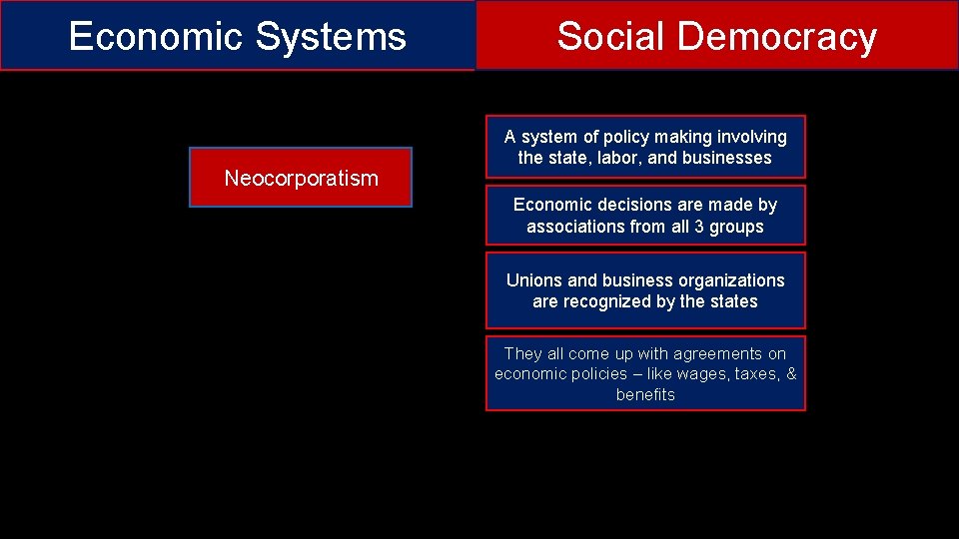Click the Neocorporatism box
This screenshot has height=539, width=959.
click(301, 178)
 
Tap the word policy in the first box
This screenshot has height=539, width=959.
click(619, 137)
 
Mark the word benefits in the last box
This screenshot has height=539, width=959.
click(645, 395)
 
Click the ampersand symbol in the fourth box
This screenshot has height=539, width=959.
click(791, 374)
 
